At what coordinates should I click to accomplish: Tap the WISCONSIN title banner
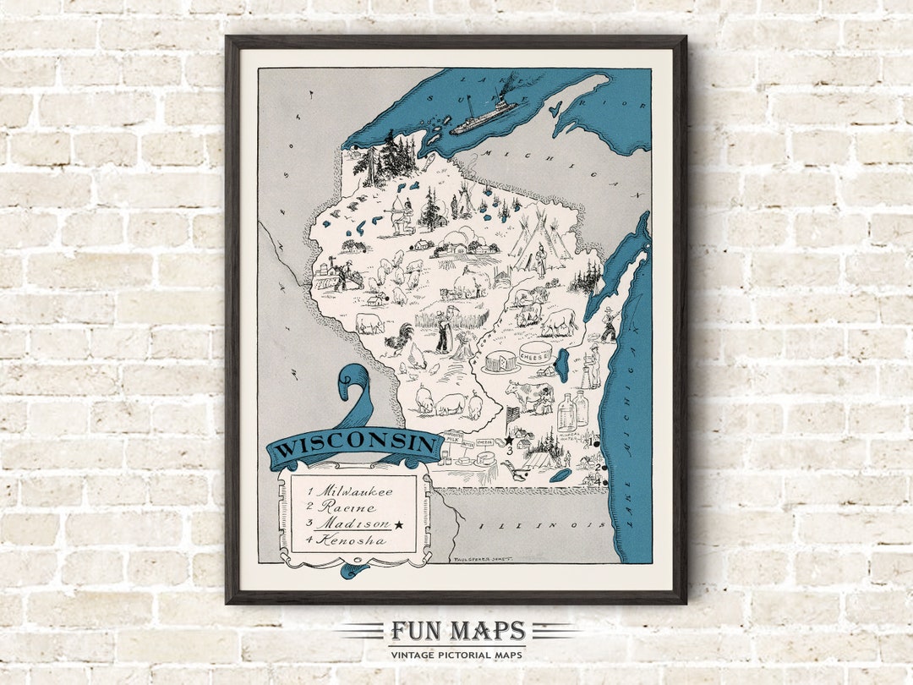tap(356, 447)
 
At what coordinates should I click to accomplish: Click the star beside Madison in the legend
tap(399, 524)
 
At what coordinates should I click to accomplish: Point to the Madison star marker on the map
tap(510, 440)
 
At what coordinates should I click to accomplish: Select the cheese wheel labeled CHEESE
tap(535, 353)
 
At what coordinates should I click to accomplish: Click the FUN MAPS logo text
tap(457, 632)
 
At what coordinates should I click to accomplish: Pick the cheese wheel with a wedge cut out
tap(501, 360)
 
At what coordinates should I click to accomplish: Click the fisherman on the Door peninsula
tap(608, 325)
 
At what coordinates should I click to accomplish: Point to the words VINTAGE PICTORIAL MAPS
tap(457, 655)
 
